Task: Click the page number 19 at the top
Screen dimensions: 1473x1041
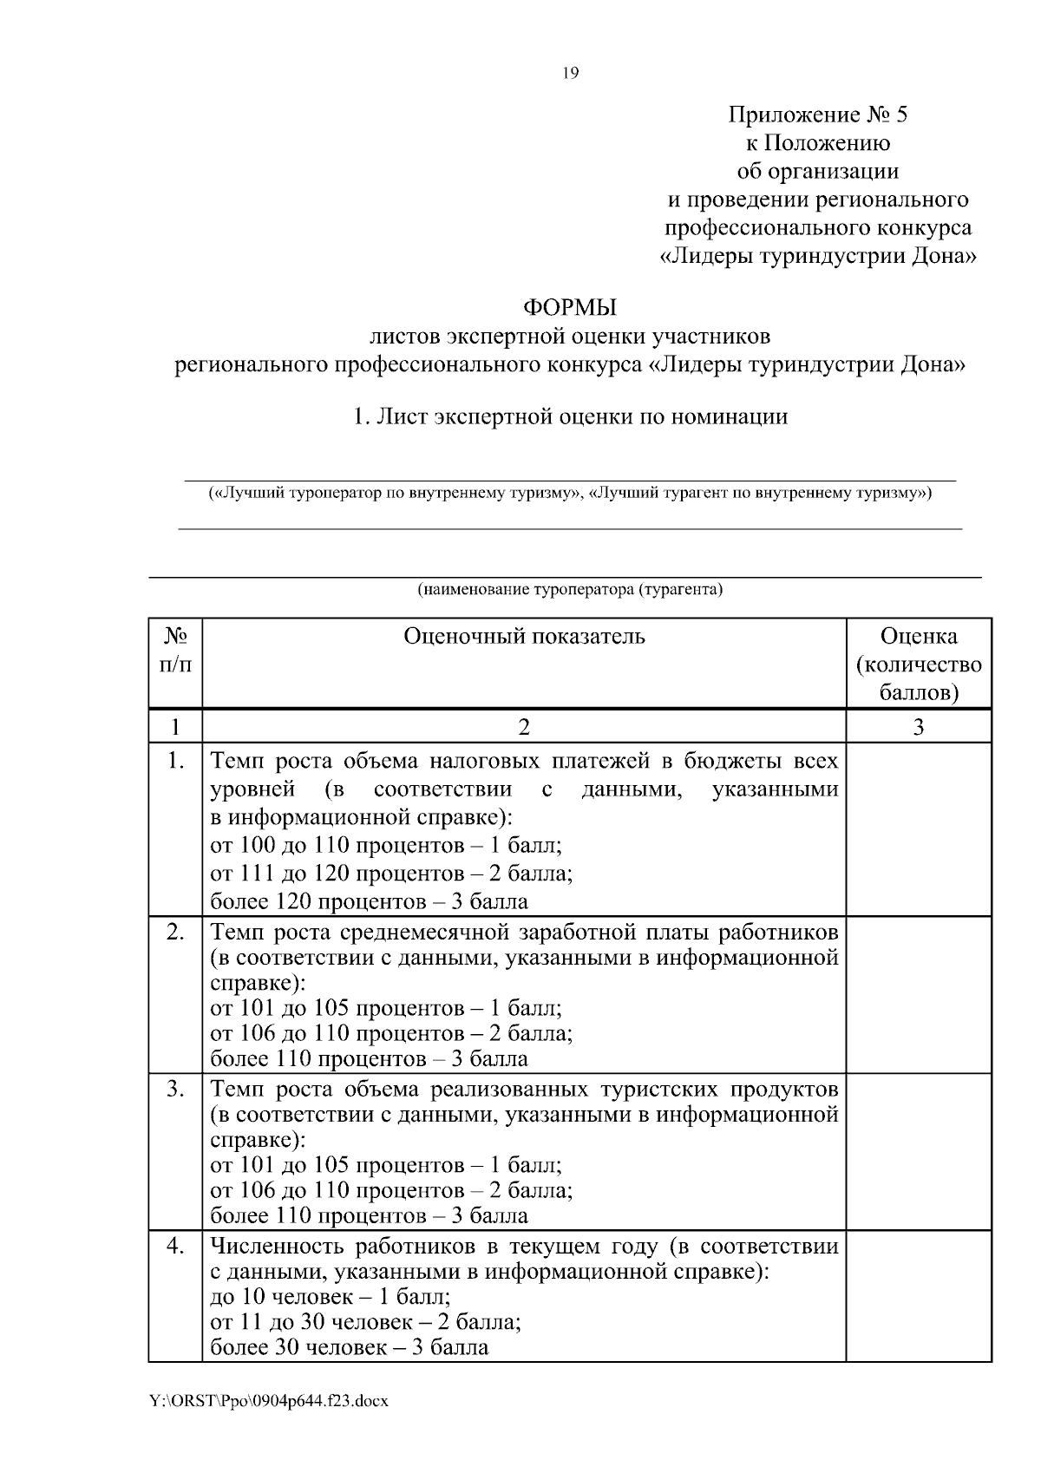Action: click(570, 73)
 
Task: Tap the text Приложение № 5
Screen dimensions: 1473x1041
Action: click(817, 115)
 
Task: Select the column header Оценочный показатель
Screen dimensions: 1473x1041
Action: click(524, 637)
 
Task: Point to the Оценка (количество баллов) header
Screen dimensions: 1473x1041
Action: click(918, 664)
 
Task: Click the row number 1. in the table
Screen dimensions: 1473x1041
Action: click(175, 762)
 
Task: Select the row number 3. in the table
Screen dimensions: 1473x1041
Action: click(175, 1089)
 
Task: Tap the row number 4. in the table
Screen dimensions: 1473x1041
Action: click(175, 1247)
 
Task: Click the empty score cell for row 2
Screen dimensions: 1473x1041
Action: click(918, 994)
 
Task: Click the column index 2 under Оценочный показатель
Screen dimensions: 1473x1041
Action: click(524, 727)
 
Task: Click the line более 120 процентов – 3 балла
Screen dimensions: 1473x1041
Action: click(370, 901)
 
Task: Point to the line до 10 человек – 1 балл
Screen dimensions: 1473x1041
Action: click(331, 1298)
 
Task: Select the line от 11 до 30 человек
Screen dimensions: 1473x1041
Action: click(366, 1323)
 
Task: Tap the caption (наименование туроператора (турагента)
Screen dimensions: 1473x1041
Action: click(570, 591)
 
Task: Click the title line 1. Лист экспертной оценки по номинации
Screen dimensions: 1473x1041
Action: click(570, 417)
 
